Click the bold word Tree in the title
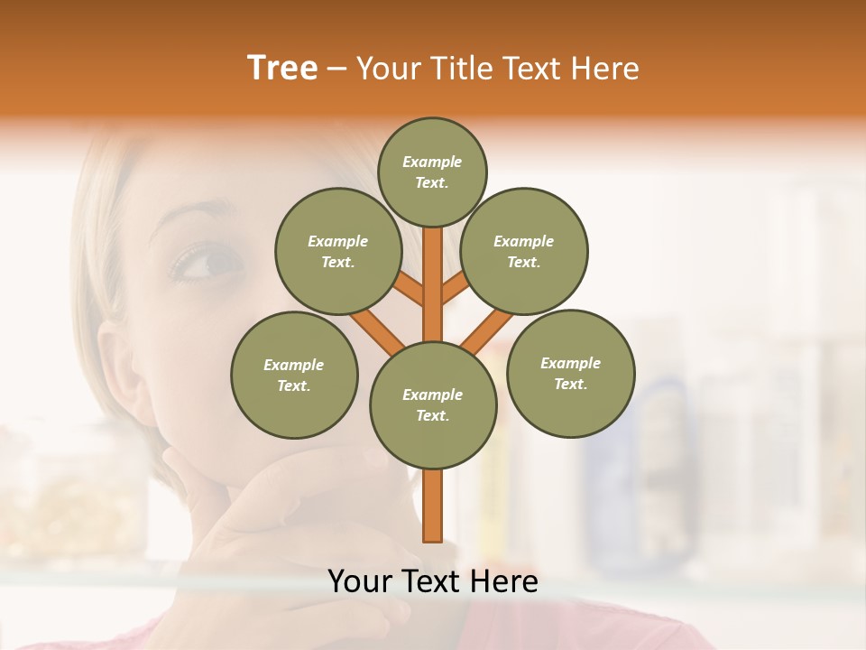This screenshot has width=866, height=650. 282,68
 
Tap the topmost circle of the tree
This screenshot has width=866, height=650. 432,172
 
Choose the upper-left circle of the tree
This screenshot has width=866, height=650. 338,251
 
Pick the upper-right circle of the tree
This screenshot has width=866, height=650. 524,251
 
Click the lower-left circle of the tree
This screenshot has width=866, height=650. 294,375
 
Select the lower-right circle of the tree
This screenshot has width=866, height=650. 570,373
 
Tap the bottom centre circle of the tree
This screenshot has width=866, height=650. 433,404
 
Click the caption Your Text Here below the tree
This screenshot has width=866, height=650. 433,581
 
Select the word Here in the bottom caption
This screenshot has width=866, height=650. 504,581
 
